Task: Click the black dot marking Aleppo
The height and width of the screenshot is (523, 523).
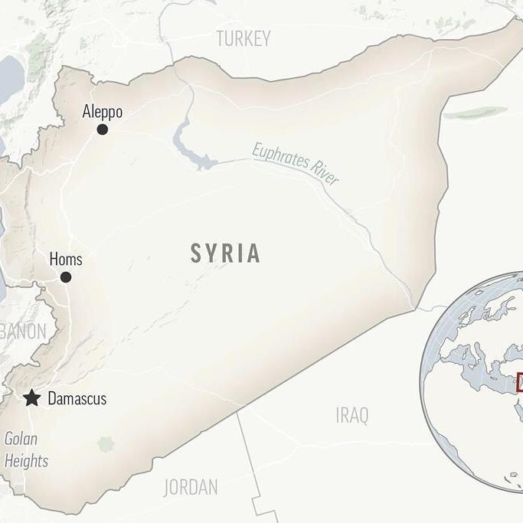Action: [x=102, y=129]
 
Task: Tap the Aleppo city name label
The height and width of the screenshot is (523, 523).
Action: [x=102, y=112]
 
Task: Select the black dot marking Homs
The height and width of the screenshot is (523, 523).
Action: [x=66, y=277]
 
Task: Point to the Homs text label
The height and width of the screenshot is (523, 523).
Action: [x=65, y=259]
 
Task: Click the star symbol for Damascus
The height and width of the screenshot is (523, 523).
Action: [x=31, y=398]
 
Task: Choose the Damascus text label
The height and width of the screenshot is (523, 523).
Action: [x=77, y=399]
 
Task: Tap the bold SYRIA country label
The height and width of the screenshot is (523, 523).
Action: [x=225, y=253]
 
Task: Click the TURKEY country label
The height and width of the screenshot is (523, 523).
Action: [x=244, y=39]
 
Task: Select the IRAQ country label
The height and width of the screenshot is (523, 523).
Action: [x=351, y=416]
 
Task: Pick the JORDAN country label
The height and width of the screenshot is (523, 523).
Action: [x=190, y=487]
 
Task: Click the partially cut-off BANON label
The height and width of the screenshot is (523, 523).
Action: [x=23, y=332]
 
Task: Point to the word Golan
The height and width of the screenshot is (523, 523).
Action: [x=21, y=440]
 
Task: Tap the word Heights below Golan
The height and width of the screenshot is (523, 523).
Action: [x=26, y=461]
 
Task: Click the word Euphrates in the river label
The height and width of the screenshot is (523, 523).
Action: [x=280, y=159]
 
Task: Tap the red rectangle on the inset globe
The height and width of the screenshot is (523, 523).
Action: [x=519, y=381]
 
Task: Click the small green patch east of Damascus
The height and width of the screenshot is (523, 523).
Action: [x=106, y=444]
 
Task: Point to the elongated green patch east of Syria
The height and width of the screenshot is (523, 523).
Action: [x=475, y=113]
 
